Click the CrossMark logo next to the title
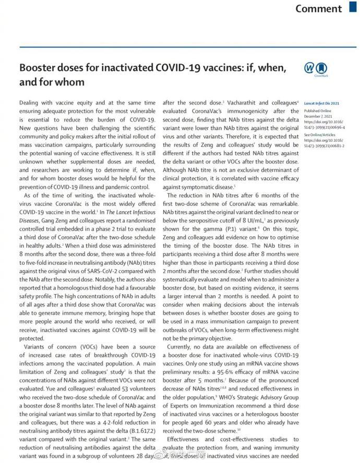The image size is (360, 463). [315, 70]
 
